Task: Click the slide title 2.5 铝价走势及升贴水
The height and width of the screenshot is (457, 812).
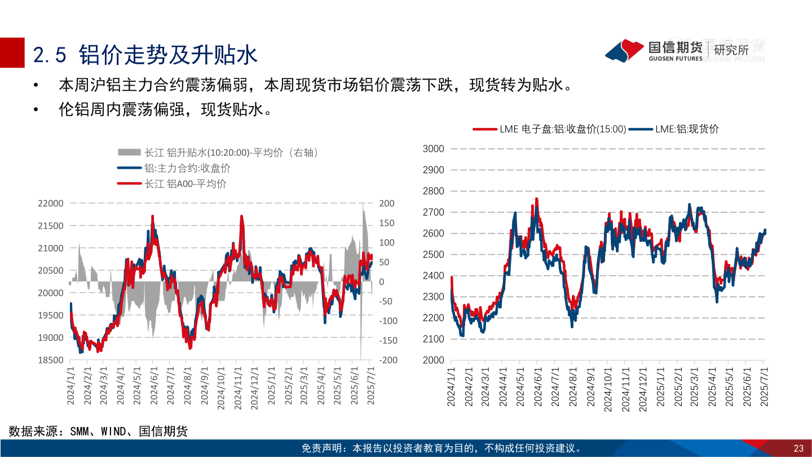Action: tap(145, 55)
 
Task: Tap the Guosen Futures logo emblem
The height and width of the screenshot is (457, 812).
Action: tap(625, 50)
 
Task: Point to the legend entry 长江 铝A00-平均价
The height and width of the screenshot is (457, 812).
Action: tap(171, 183)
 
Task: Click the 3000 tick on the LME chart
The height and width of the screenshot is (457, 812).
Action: tap(433, 148)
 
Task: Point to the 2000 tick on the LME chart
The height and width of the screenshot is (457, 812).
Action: tap(433, 360)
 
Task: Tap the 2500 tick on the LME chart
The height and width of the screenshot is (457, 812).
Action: tap(433, 254)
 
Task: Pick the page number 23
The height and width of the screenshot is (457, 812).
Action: tap(798, 449)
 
